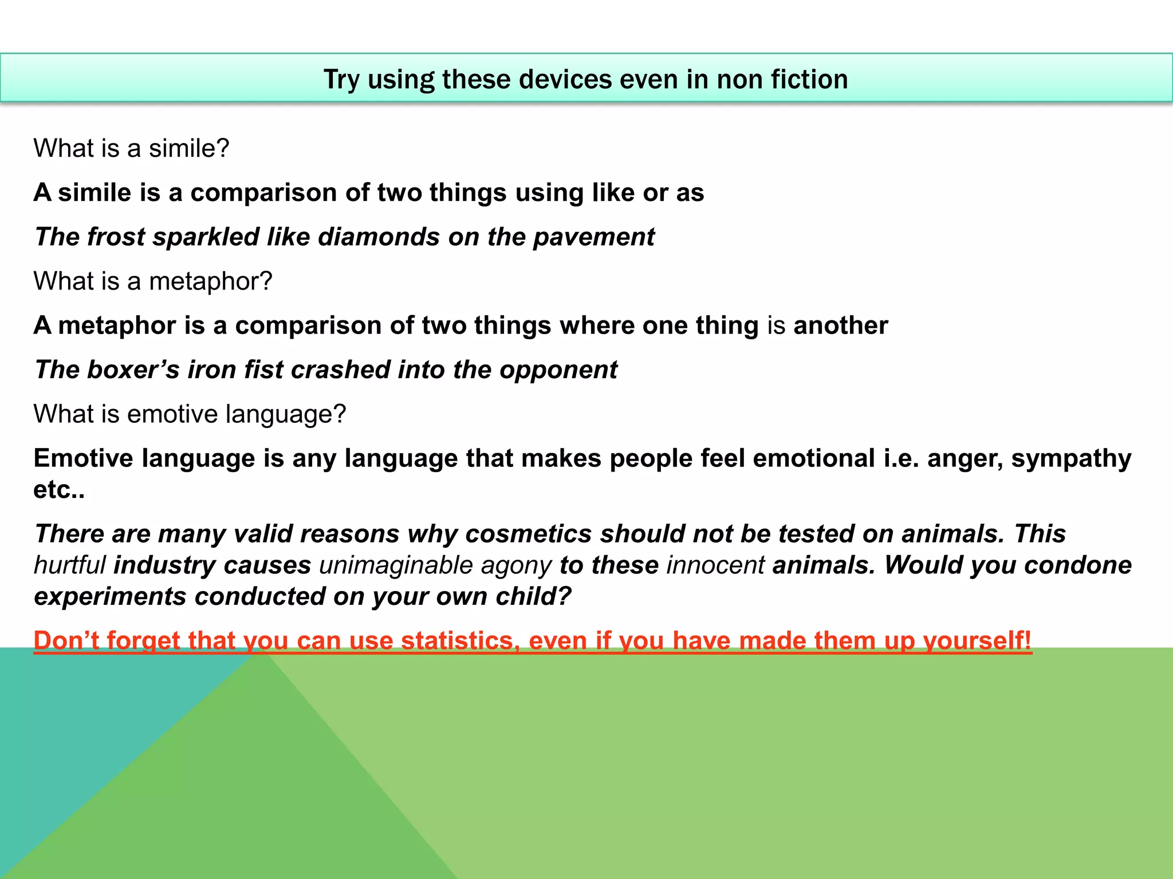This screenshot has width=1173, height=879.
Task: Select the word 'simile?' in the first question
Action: [189, 148]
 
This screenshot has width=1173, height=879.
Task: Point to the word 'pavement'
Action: [593, 237]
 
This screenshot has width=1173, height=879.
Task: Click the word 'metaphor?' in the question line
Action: [210, 282]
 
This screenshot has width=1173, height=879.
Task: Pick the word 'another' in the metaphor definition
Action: [840, 326]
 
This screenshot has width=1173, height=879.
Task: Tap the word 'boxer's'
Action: [133, 370]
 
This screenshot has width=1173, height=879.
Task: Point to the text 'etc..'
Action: [59, 490]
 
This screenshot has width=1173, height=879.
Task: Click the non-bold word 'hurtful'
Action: [70, 565]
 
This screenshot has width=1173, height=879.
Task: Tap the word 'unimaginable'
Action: [396, 565]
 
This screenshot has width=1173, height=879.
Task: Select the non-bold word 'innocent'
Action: [715, 565]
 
